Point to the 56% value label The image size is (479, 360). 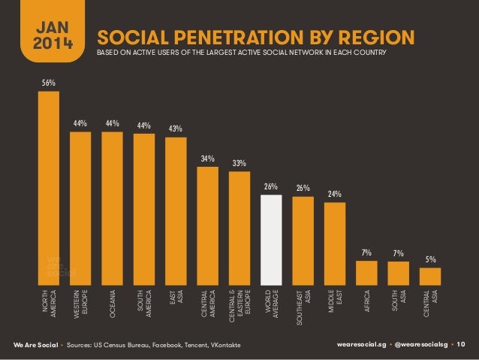(x=48, y=83)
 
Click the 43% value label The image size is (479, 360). (x=176, y=129)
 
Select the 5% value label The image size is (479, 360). (x=431, y=259)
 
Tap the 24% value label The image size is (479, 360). (x=335, y=194)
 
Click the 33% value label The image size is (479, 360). (x=239, y=162)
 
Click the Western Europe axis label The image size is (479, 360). (x=80, y=300)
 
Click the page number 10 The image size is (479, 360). (x=461, y=344)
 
